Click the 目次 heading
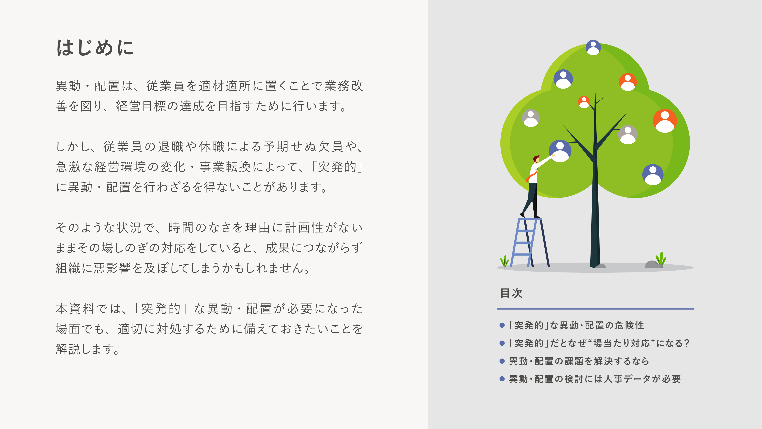pyautogui.click(x=511, y=293)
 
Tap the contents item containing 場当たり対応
pyautogui.click(x=599, y=343)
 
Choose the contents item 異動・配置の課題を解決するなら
pyautogui.click(x=579, y=361)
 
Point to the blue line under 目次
pyautogui.click(x=595, y=309)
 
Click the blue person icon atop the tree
pyautogui.click(x=593, y=47)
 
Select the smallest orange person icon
pyautogui.click(x=584, y=102)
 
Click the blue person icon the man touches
pyautogui.click(x=560, y=151)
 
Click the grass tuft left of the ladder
pyautogui.click(x=504, y=261)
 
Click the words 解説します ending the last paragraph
pyautogui.click(x=87, y=349)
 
